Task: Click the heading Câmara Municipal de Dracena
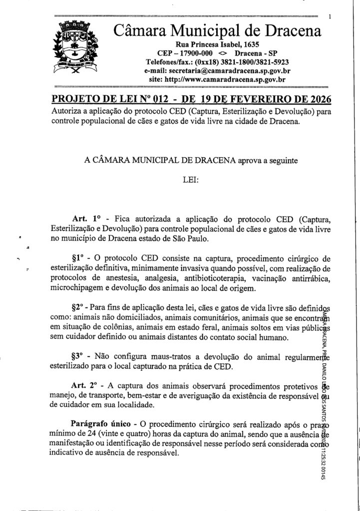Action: pos(217,32)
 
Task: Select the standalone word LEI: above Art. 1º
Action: pos(192,180)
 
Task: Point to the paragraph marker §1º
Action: pos(80,258)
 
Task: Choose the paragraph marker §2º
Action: pos(80,307)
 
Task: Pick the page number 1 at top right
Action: pos(331,17)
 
